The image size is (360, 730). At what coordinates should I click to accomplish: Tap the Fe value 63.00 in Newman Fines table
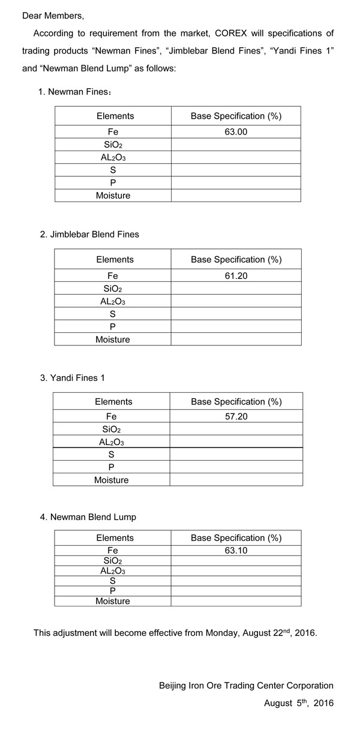point(236,131)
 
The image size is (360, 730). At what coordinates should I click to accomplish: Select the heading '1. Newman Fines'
point(74,92)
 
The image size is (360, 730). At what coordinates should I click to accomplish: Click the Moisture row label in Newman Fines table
point(113,195)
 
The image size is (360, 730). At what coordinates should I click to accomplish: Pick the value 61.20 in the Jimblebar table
point(236,276)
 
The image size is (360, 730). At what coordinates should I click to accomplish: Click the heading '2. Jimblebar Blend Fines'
point(89,235)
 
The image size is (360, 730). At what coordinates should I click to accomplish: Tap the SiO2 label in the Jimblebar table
point(113,289)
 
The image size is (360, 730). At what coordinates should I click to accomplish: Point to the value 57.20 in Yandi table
point(236,416)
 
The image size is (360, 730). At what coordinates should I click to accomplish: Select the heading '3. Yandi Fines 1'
point(73,378)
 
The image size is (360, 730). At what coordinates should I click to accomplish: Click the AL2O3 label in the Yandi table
point(112,442)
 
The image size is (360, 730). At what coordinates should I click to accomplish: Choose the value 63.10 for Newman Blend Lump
point(236,550)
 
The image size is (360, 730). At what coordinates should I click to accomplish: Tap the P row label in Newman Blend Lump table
point(113,590)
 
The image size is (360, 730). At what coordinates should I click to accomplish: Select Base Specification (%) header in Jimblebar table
point(236,260)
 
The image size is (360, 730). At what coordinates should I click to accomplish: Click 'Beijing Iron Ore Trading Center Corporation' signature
point(246,685)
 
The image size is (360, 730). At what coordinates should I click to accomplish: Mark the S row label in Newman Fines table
point(113,170)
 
